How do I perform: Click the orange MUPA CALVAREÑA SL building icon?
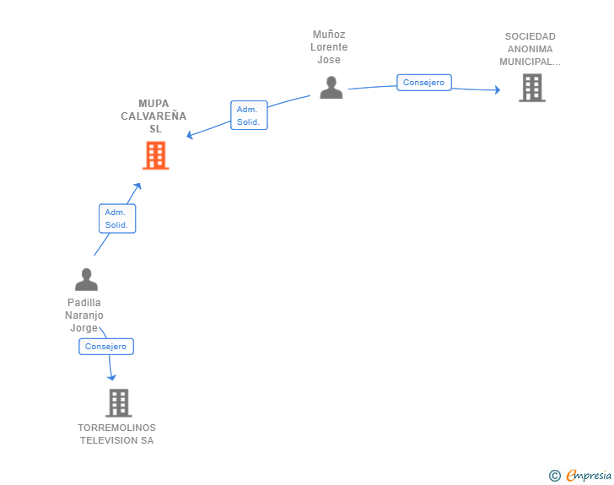coord(155,155)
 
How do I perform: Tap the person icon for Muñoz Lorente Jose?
coord(331,87)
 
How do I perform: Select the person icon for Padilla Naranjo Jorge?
coord(86,279)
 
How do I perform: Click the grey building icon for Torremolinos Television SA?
coord(119,403)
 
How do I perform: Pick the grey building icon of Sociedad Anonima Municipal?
coord(531,87)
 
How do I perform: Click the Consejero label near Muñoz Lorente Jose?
coord(424,83)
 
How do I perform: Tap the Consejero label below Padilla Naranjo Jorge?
coord(106,347)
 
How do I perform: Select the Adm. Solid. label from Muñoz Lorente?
coord(249,116)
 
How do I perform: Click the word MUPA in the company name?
coord(153,104)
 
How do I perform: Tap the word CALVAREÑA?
coord(153,116)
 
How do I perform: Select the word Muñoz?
coord(329,35)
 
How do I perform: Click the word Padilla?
coord(84,303)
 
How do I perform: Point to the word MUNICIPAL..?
coord(529,62)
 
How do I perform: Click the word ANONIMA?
coord(531,49)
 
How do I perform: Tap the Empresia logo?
coord(589,476)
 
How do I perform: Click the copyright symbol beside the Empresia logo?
coord(554,476)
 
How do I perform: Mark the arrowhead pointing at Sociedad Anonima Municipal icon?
coord(498,90)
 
